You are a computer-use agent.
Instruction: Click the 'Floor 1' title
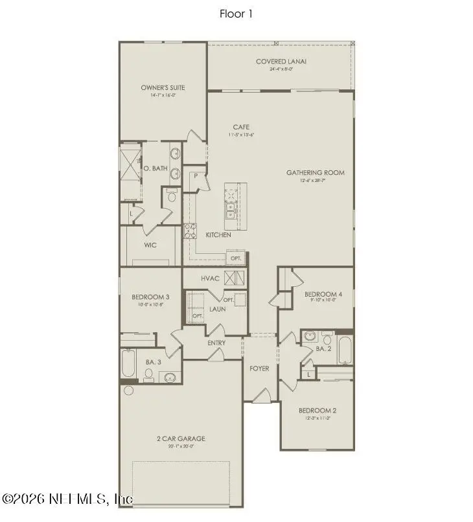pos(236,14)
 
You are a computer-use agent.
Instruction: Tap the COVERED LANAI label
pos(281,62)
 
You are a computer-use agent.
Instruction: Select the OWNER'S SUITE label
pos(163,87)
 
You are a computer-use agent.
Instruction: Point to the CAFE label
pos(241,127)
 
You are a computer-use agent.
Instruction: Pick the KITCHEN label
pos(218,234)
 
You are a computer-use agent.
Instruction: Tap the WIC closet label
pos(150,245)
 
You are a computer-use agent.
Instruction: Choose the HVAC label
pos(211,278)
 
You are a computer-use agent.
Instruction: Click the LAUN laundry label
pos(217,309)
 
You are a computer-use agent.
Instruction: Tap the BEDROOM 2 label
pos(317,411)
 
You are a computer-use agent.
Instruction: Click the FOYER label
pos(259,369)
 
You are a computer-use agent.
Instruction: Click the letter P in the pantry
pos(194,176)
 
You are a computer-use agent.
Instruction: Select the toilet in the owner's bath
pos(172,196)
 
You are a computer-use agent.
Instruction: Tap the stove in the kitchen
pos(191,231)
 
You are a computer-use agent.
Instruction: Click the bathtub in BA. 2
pos(344,351)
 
